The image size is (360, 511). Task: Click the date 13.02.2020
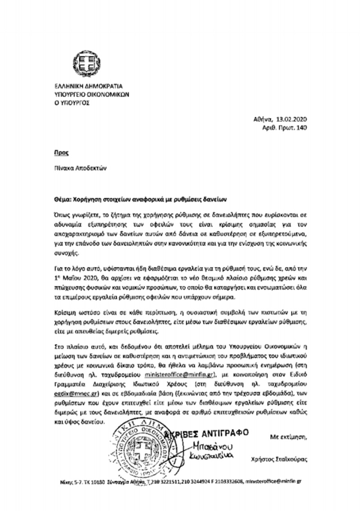(292, 120)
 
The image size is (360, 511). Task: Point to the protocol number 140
(301, 128)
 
